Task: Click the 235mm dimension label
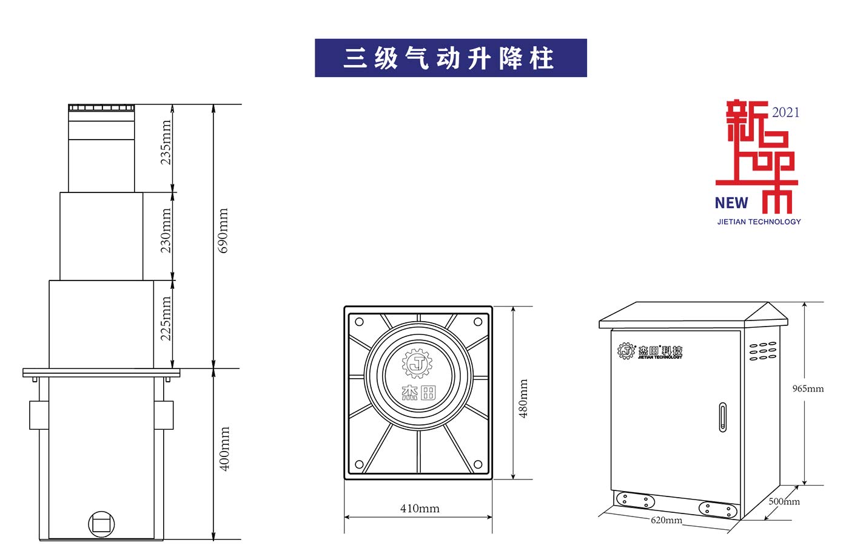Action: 166,143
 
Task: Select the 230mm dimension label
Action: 166,231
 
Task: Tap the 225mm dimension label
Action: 166,319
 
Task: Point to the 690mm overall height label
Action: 223,231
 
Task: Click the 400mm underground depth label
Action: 224,449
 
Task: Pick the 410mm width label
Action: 420,509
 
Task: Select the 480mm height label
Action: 523,399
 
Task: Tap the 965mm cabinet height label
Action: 808,388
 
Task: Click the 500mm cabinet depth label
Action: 784,501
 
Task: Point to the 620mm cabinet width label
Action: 666,520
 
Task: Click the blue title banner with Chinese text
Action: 451,58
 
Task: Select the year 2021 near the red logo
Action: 785,112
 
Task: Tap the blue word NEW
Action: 731,203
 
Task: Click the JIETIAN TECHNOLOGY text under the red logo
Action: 759,222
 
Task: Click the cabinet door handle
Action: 722,417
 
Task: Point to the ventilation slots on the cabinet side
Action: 763,351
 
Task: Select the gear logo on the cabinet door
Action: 626,351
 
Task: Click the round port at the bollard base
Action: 101,524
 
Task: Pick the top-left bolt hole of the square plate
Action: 359,322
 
